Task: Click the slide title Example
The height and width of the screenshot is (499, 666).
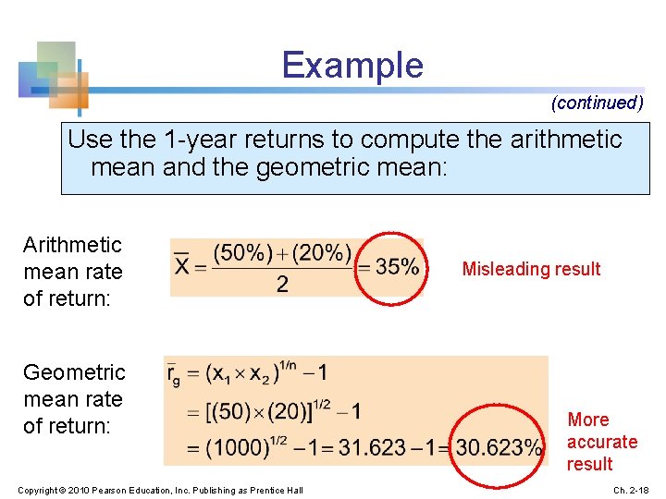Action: (351, 66)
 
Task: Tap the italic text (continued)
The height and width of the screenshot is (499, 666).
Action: (597, 103)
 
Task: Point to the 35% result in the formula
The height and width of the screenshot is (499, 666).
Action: (397, 267)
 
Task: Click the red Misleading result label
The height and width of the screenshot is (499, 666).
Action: (531, 269)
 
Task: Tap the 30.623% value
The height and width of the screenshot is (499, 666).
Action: (499, 448)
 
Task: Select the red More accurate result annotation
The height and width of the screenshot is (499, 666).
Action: (601, 442)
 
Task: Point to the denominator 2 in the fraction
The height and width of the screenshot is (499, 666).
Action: (282, 285)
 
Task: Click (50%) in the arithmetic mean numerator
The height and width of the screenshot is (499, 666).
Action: (243, 252)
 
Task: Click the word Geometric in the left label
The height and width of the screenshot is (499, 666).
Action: (73, 372)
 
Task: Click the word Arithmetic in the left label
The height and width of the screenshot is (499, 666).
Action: (72, 245)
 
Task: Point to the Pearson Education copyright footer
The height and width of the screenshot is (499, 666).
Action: (160, 489)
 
